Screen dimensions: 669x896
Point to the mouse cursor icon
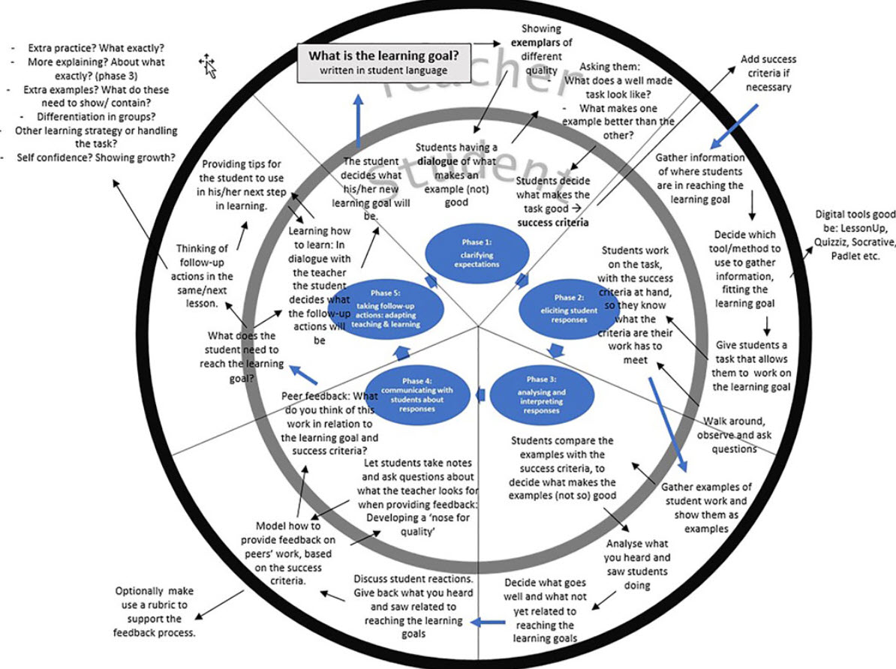(x=208, y=66)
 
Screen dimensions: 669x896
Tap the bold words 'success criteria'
(x=554, y=223)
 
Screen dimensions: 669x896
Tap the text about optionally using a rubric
(x=154, y=612)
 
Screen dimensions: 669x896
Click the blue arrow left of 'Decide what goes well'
(x=488, y=621)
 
